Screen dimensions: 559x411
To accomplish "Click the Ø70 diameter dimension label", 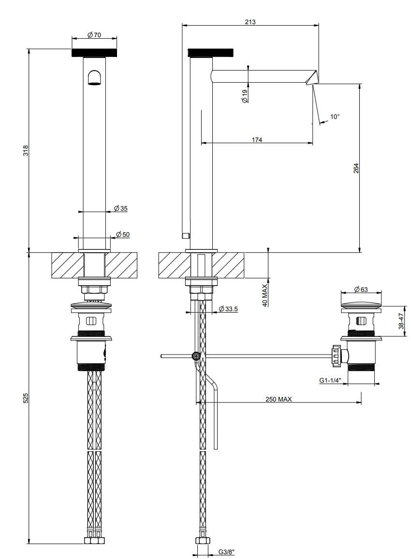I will pyautogui.click(x=94, y=35).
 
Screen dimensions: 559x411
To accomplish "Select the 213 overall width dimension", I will pyautogui.click(x=250, y=22).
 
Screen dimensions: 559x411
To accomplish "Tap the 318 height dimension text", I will pyautogui.click(x=26, y=150).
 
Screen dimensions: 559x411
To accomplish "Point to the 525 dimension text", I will pyautogui.click(x=26, y=398).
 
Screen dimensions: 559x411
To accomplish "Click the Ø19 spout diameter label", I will pyautogui.click(x=244, y=96).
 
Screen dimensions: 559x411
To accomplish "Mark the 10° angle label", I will pyautogui.click(x=335, y=116).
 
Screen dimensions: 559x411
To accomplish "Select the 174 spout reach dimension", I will pyautogui.click(x=257, y=140).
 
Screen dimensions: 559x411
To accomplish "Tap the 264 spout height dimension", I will pyautogui.click(x=356, y=168).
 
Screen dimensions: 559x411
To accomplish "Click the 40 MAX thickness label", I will pyautogui.click(x=265, y=296).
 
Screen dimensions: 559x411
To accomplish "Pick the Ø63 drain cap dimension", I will pyautogui.click(x=361, y=289).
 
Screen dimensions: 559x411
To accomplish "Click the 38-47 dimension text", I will pyautogui.click(x=401, y=321).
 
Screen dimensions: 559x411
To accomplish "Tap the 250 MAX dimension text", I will pyautogui.click(x=279, y=399).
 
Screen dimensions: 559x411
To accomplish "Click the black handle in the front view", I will pyautogui.click(x=94, y=53).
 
